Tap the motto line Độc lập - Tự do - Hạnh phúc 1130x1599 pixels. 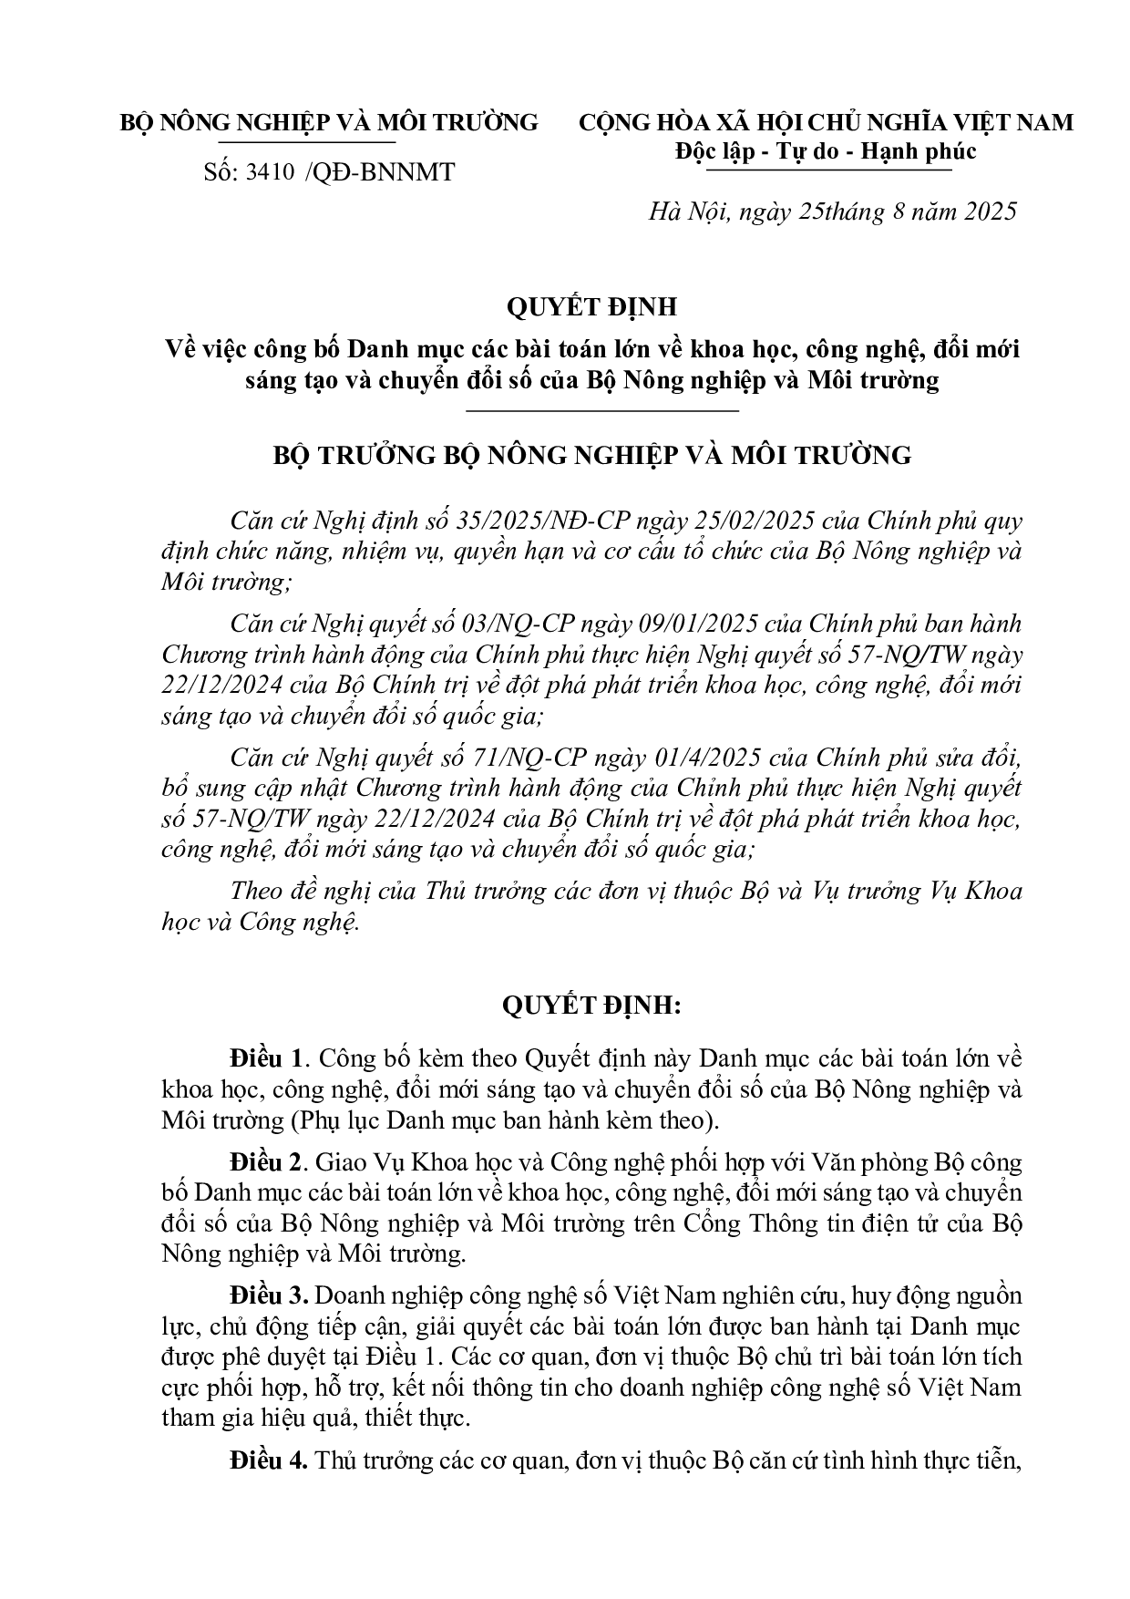(826, 150)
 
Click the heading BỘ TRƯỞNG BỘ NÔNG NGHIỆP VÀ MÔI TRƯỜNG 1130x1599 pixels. (592, 455)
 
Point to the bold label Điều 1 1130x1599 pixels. (266, 1059)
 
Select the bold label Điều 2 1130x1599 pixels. (266, 1163)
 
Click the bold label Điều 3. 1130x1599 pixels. (266, 1295)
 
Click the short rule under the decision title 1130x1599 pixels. (601, 411)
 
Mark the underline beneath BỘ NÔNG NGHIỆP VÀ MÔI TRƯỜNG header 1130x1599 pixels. (307, 143)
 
